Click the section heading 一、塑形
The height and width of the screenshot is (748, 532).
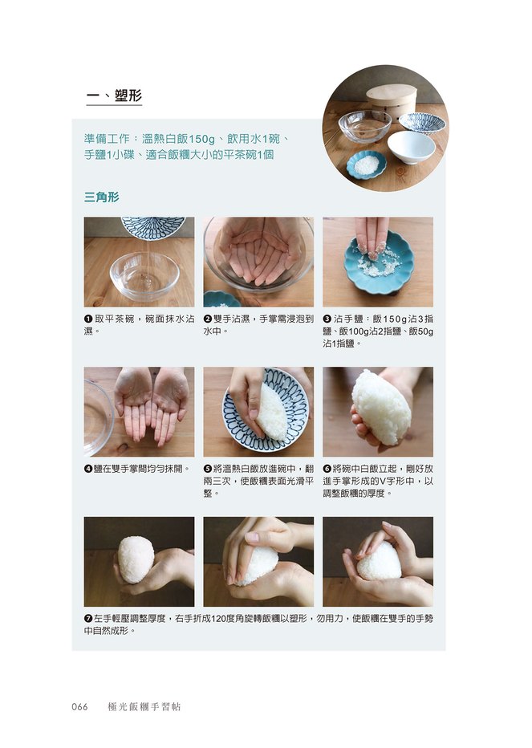coord(114,96)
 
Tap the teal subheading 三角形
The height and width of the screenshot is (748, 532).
coord(102,197)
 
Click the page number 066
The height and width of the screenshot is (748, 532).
coord(79,706)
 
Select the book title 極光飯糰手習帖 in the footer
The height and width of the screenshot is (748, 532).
coord(144,706)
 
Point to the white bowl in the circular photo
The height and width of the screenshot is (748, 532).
coord(412,146)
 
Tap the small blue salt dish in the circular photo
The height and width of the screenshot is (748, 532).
coord(366,165)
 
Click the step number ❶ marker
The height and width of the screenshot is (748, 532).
coord(88,319)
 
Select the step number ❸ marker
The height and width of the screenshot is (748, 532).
coord(327,319)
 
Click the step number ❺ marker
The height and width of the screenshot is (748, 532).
coord(208,469)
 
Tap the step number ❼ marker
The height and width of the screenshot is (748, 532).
coord(88,619)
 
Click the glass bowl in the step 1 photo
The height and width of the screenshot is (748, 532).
coord(144,275)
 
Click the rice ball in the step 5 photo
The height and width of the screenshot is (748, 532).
coord(271,411)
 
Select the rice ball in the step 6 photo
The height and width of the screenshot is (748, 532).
coord(381,407)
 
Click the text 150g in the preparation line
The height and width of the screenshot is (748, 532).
coord(202,139)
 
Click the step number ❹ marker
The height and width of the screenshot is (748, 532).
coord(88,469)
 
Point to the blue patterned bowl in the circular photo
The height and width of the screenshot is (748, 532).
coord(422,122)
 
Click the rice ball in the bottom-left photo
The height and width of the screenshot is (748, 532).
coord(136,560)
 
